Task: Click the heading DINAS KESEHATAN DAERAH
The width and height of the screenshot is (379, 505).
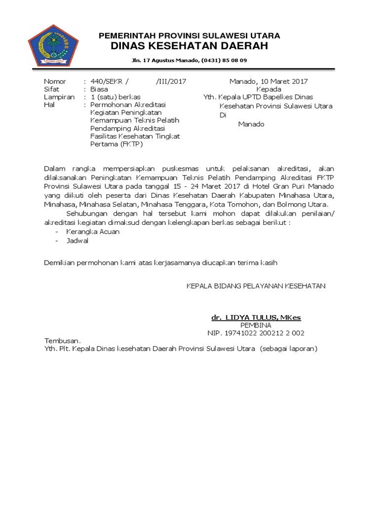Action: click(x=189, y=46)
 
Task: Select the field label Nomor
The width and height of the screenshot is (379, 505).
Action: click(x=54, y=81)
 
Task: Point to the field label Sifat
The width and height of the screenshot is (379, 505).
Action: click(x=51, y=89)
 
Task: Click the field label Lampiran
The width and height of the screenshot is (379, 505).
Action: click(x=59, y=97)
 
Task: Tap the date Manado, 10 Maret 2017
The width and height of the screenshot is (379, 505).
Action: click(x=268, y=81)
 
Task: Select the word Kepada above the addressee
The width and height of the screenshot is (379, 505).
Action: click(x=268, y=89)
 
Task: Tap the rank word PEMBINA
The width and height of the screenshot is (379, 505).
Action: click(x=256, y=325)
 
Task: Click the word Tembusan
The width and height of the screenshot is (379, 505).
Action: click(x=62, y=341)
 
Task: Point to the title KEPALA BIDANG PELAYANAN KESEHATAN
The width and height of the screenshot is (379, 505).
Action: click(x=256, y=286)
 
